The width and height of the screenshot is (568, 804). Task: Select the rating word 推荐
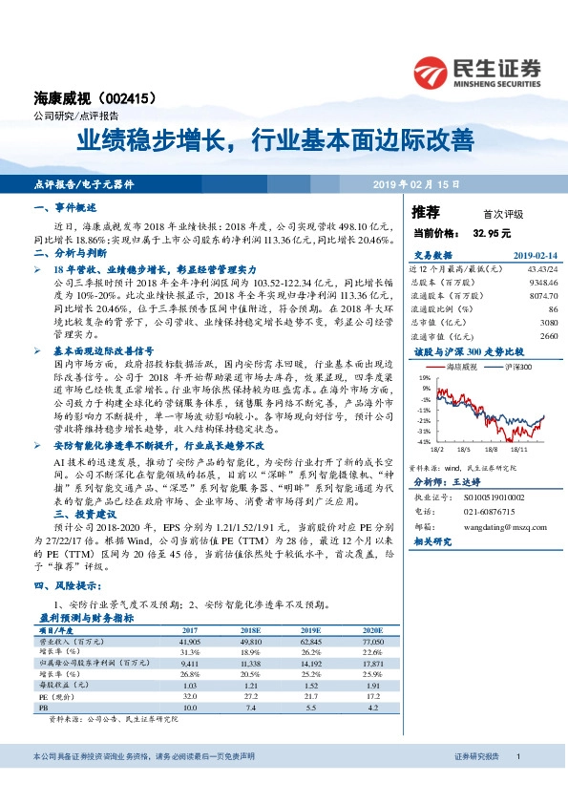point(425,212)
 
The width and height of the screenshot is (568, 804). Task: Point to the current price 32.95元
point(493,232)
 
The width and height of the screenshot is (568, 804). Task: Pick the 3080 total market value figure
point(549,323)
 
